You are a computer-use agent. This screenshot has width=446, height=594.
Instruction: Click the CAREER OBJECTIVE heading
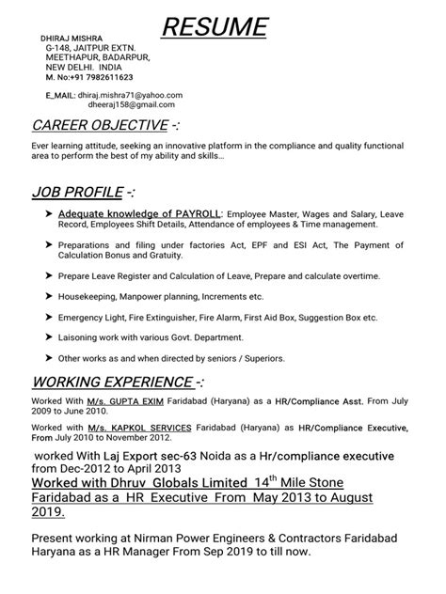point(105,126)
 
